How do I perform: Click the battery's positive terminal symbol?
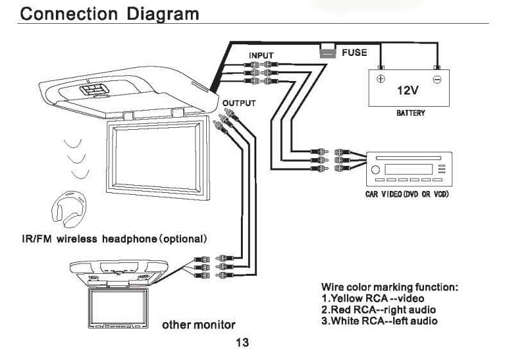click(380, 80)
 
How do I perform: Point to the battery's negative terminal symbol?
click(437, 80)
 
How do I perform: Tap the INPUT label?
click(261, 55)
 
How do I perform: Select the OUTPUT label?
click(239, 103)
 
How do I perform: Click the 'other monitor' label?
click(199, 324)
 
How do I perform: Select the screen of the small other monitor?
click(116, 307)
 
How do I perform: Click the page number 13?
click(243, 343)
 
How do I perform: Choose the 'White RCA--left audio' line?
click(379, 321)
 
